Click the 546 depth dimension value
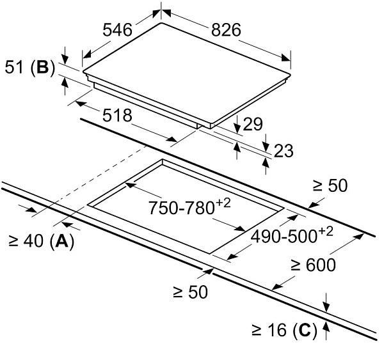click(117, 30)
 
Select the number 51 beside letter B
click(15, 68)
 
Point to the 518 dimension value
click(117, 115)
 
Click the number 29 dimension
click(253, 125)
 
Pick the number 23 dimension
click(283, 151)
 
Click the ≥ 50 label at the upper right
click(330, 185)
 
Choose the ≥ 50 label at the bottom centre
click(191, 293)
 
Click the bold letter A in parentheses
click(61, 242)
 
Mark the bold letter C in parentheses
click(306, 331)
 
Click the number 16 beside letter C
click(277, 331)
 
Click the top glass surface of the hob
click(186, 70)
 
